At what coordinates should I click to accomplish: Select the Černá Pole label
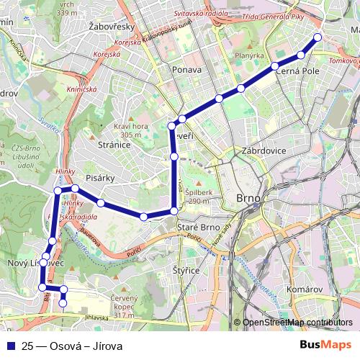click(x=295, y=71)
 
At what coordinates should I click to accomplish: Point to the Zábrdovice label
click(x=264, y=151)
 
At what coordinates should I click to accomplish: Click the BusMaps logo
click(x=327, y=346)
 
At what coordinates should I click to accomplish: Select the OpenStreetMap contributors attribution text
click(x=299, y=323)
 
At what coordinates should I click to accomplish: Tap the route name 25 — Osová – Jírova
click(x=72, y=346)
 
